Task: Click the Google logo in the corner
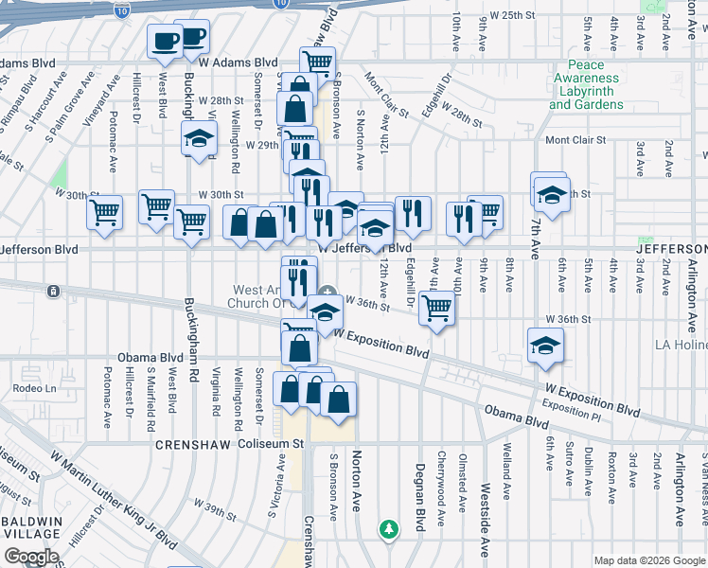31,556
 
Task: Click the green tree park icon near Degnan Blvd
387,528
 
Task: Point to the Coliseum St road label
271,443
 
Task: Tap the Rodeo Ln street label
34,388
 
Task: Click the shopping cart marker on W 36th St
436,307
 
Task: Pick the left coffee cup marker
165,41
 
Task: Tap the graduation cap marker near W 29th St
200,138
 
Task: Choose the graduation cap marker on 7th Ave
550,194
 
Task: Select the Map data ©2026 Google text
648,560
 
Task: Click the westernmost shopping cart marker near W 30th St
104,212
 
